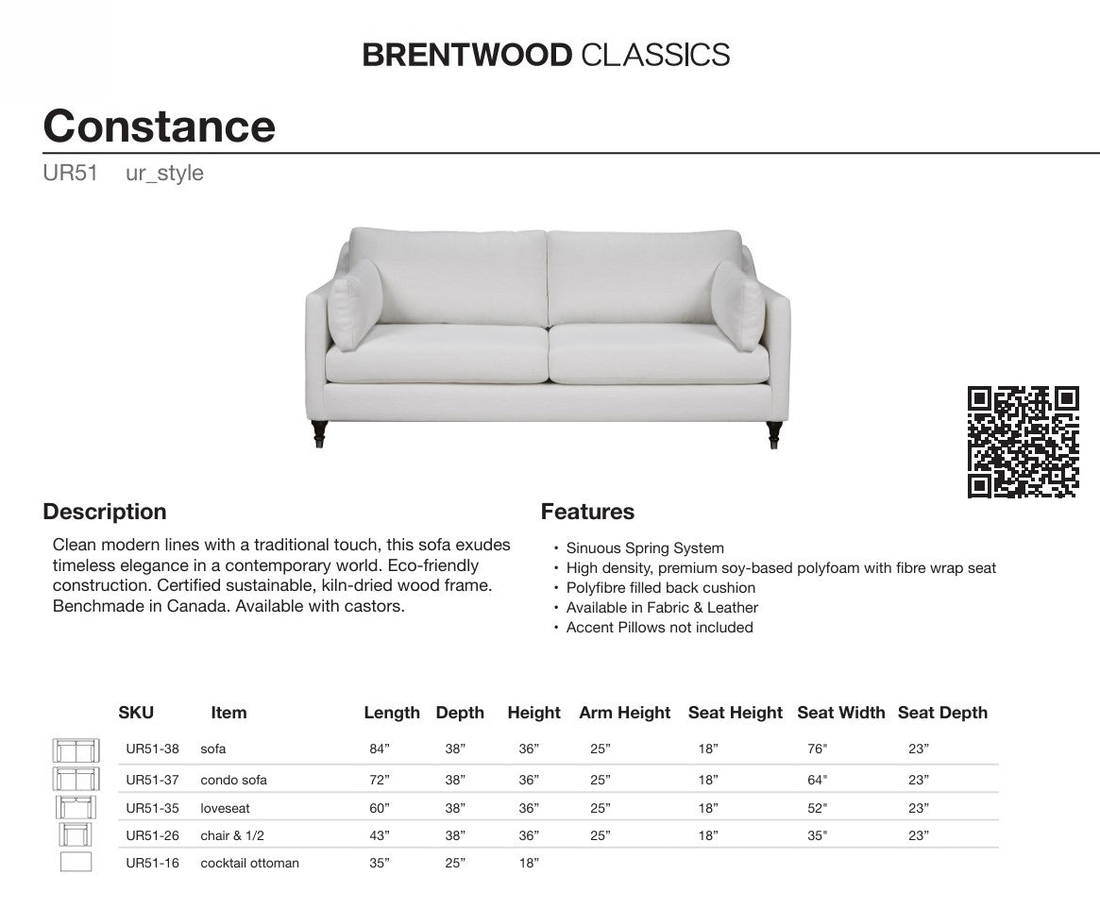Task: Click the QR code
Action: (x=1023, y=442)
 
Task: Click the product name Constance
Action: (x=159, y=126)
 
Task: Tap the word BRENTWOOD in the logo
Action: (x=466, y=55)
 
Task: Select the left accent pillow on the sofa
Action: (x=356, y=304)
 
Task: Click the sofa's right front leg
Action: (x=774, y=434)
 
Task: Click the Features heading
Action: (x=586, y=512)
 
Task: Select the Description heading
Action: (x=104, y=512)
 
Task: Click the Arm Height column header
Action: (x=624, y=713)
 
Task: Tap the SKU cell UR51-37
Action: (x=152, y=780)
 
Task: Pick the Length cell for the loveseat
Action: (x=379, y=809)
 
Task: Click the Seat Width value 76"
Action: (x=817, y=749)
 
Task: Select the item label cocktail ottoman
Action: (x=249, y=863)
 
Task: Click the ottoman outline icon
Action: (x=76, y=862)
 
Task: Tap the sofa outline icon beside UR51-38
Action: (x=76, y=750)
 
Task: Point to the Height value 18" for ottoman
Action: (x=528, y=863)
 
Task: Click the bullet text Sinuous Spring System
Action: (x=645, y=548)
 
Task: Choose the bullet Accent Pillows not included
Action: (x=659, y=628)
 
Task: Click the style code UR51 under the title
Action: (x=70, y=174)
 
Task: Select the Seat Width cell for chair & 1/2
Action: (x=817, y=835)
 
